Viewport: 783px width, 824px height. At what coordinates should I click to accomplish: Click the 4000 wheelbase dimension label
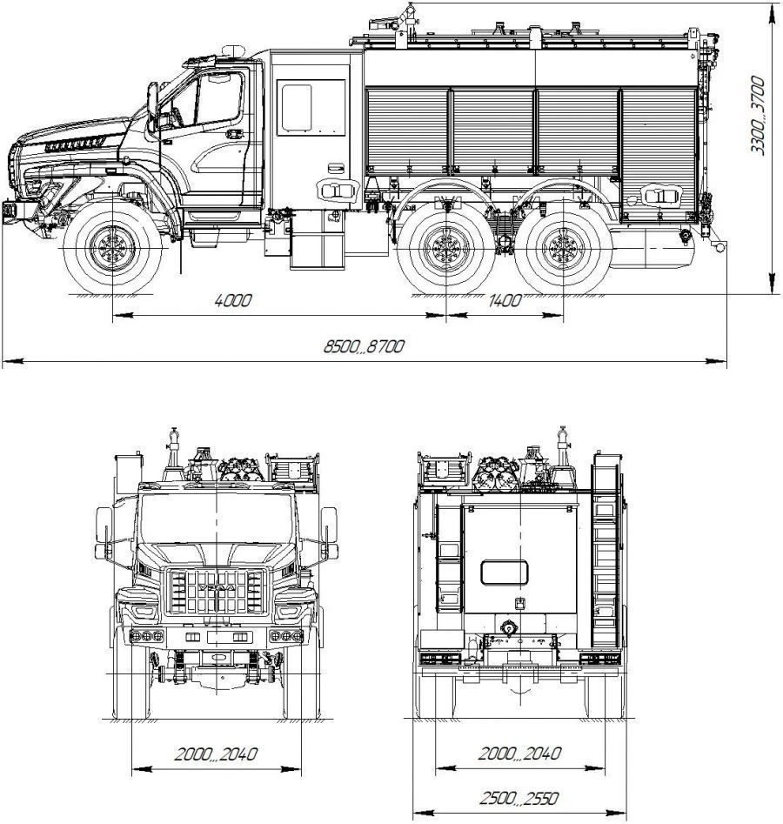click(233, 300)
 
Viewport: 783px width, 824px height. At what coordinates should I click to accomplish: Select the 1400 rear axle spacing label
click(505, 300)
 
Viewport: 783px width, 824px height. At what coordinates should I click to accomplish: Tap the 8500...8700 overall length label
click(364, 346)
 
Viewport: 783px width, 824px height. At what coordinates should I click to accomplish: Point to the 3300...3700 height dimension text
click(757, 115)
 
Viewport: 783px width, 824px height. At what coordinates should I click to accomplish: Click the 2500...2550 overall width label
click(519, 799)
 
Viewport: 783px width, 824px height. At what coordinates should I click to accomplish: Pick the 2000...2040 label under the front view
click(216, 754)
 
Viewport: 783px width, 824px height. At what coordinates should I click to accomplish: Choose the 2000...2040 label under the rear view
click(519, 754)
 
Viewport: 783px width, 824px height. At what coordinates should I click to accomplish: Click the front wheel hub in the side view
click(112, 248)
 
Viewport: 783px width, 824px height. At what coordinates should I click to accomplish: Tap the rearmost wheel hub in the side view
click(563, 249)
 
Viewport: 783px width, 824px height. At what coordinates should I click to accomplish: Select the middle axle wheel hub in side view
click(446, 249)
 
